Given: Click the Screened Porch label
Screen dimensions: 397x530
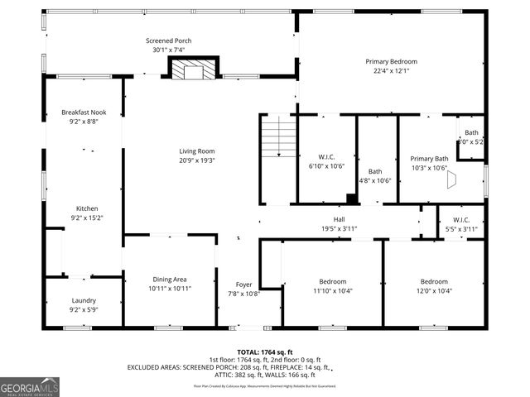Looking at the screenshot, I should coord(168,41).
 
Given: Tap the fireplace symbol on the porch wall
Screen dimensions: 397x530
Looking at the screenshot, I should coord(192,69).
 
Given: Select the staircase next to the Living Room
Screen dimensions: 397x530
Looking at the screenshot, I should coord(278,136).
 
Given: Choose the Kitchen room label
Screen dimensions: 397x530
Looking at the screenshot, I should coord(88,208).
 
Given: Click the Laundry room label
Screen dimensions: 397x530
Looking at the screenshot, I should coord(84,301).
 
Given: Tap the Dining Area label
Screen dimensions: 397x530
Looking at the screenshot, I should coord(169,280).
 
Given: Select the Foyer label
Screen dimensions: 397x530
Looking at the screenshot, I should coord(243,284).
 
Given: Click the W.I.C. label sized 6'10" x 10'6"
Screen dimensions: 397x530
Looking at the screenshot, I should coord(325,158).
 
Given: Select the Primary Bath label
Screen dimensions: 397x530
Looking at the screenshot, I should coord(429,158).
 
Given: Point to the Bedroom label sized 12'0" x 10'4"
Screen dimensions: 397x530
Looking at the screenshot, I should coord(433,281).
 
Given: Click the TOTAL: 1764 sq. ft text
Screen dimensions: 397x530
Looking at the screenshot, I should coord(265,352).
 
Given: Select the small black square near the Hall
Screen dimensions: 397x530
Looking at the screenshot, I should coord(352,198).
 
